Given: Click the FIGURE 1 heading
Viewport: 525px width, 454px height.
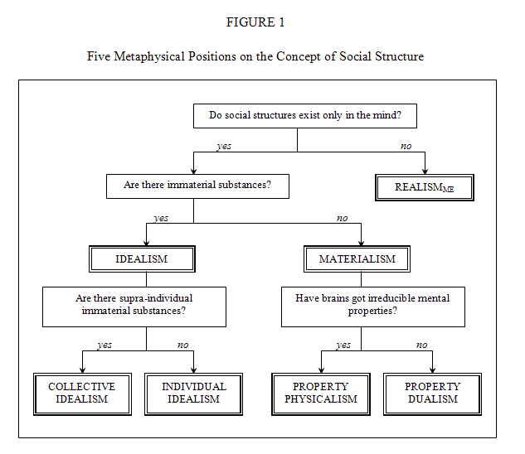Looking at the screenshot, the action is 255,22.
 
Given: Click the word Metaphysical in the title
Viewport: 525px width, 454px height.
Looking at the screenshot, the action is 149,56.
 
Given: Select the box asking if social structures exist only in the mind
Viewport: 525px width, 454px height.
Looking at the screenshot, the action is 305,116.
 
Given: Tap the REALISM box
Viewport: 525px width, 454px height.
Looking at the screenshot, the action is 425,187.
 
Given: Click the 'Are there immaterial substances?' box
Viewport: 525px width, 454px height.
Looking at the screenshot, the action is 197,186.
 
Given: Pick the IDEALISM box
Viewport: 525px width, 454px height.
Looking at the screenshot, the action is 142,259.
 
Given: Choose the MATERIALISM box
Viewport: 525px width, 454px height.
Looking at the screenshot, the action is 357,259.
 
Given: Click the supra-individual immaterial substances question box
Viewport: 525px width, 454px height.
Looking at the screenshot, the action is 134,307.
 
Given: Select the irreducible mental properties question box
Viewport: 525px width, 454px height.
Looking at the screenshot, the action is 373,307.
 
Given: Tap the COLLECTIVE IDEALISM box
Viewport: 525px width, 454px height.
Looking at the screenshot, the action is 82,394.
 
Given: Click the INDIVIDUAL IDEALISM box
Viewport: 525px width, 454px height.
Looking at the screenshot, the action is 193,394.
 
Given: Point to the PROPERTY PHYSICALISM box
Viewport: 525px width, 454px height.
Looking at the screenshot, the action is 321,394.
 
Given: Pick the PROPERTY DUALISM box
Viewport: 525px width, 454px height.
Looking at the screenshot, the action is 432,394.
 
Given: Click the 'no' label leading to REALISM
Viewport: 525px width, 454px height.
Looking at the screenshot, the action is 406,146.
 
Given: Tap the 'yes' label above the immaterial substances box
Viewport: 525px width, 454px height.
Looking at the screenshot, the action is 224,147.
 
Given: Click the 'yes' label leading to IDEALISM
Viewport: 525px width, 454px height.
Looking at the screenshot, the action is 161,219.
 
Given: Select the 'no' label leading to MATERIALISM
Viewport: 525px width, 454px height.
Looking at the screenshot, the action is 343,219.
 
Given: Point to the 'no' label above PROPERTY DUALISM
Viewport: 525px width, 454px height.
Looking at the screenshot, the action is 422,345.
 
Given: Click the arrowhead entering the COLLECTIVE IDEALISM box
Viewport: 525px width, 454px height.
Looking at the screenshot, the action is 82,370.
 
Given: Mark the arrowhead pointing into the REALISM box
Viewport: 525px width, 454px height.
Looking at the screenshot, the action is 425,171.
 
